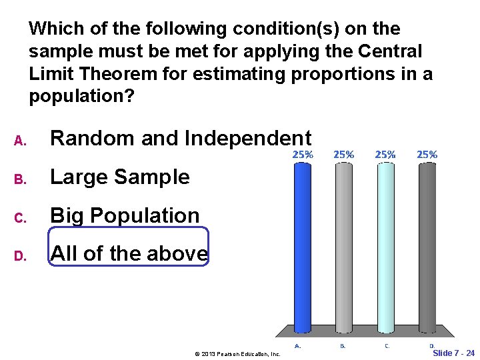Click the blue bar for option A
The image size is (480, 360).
[302, 247]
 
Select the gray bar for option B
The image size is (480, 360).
[343, 247]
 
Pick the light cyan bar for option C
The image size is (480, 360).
[385, 247]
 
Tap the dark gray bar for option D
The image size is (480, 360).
[427, 247]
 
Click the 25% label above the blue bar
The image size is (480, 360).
[303, 154]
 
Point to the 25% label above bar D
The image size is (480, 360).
[427, 154]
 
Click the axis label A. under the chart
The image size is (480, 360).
[298, 346]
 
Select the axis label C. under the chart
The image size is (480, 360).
[387, 346]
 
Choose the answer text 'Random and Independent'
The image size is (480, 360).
[181, 138]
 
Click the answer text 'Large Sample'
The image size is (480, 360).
[120, 177]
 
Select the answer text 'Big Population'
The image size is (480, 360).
[125, 215]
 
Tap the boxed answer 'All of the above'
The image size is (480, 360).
[129, 253]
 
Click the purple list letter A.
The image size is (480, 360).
[19, 141]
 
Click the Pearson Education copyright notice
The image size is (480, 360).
[237, 353]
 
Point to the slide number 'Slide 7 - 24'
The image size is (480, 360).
[453, 353]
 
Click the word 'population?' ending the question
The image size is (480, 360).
[81, 97]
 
